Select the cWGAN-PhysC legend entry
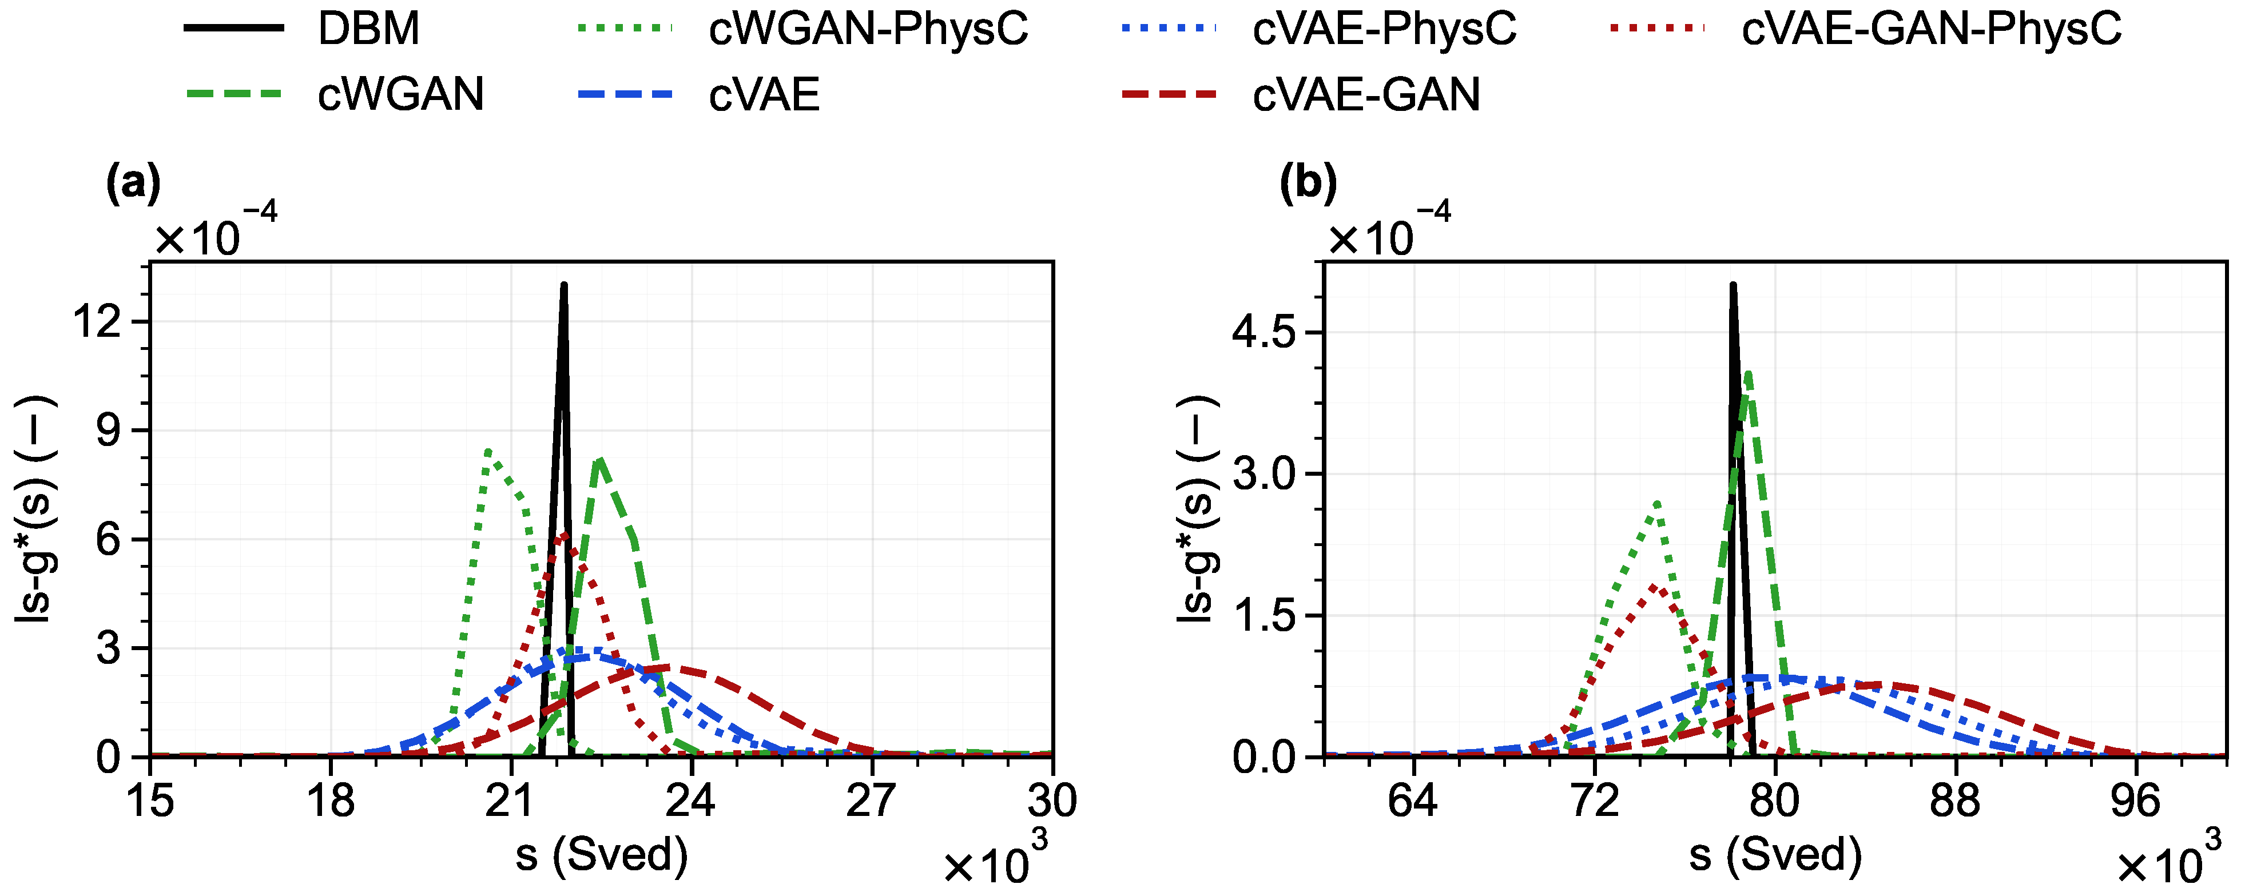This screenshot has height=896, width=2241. coord(868,29)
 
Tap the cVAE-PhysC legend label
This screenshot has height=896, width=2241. coord(1384,29)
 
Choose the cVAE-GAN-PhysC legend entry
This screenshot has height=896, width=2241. coord(1932,29)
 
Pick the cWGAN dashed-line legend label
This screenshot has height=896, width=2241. coord(400,94)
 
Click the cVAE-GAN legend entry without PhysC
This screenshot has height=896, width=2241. coord(1366,94)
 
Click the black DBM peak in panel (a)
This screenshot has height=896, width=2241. coord(564,284)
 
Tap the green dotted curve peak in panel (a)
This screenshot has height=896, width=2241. coord(488,451)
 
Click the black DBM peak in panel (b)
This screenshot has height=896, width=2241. coord(1733,284)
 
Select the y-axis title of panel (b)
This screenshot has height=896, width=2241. coord(1198,509)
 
